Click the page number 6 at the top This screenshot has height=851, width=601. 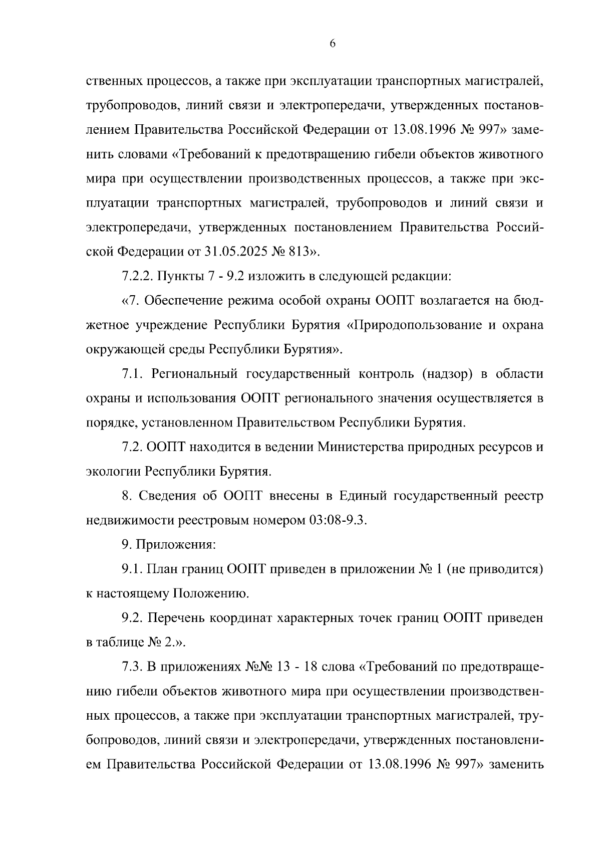click(333, 44)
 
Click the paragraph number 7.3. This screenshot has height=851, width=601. click(132, 668)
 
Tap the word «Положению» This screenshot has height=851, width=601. click(210, 594)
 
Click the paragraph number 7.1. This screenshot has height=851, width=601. click(132, 374)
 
